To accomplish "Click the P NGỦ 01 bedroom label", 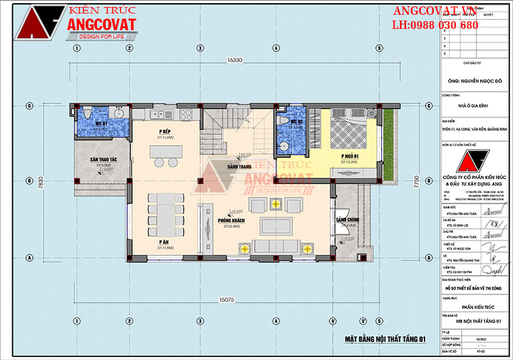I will point(349,156).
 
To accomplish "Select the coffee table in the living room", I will point(275,226).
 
